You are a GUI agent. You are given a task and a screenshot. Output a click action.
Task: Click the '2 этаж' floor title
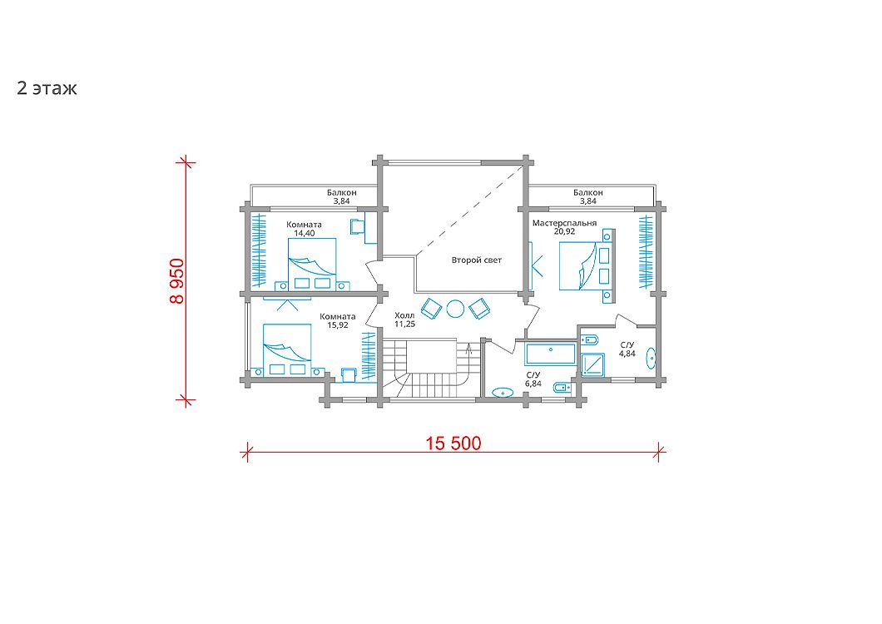point(47,89)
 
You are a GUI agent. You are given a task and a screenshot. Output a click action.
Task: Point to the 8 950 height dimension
point(176,281)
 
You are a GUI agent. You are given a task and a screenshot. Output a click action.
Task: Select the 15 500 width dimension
point(453,443)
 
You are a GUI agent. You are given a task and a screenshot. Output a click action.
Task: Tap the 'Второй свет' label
point(477,260)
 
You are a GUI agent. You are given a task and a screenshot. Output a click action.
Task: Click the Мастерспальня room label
point(564,223)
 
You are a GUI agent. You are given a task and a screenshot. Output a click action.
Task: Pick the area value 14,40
point(305,233)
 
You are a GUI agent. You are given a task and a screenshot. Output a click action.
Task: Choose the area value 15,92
point(338,324)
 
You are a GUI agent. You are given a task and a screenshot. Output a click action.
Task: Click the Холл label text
point(404,315)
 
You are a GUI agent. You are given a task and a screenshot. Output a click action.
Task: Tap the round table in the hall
point(455,309)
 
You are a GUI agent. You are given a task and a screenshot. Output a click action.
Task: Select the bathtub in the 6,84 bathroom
point(550,354)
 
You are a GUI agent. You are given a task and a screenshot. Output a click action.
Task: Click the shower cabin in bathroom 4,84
point(592,364)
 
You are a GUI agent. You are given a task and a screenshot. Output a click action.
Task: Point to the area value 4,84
point(627,354)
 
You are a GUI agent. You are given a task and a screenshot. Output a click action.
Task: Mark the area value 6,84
point(533,384)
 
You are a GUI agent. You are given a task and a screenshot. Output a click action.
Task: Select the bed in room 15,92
point(287,349)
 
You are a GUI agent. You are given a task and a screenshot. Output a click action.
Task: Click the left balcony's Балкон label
point(342,192)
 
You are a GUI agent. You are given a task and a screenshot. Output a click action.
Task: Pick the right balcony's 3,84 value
point(587,201)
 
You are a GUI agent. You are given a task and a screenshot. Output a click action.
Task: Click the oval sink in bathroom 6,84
point(502,392)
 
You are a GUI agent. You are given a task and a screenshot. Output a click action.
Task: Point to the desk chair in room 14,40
point(357,225)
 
